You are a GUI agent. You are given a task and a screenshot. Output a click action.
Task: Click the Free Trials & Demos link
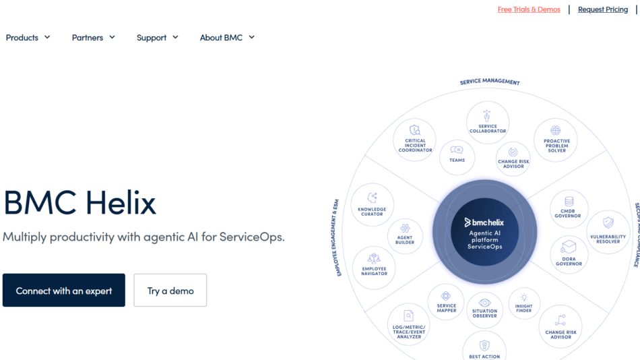pos(529,9)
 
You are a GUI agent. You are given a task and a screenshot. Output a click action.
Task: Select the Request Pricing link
pos(603,9)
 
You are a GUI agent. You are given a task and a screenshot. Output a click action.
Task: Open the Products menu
pos(28,38)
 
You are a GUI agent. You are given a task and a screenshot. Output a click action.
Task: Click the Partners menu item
pos(94,38)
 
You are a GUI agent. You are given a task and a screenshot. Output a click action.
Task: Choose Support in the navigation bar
pos(158,38)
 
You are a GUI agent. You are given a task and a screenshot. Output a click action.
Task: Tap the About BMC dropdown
pos(227,38)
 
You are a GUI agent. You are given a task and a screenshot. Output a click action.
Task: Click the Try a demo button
pos(170,290)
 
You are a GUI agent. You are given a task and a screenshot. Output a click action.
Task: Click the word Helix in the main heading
pos(121,202)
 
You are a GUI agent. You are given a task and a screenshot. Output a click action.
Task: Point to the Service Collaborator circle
pos(488,122)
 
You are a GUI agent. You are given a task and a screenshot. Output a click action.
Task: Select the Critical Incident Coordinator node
pos(415,140)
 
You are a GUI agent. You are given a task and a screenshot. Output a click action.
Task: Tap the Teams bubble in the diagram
pos(457,157)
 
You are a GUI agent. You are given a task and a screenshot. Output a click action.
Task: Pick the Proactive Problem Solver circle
pos(556,140)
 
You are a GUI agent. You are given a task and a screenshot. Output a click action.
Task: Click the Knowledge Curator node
pos(373,205)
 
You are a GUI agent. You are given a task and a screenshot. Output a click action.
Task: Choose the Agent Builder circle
pos(405,236)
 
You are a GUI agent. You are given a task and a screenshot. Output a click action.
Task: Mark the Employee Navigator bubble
pos(374,268)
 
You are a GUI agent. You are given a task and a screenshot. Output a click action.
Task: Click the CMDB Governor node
pos(569,209)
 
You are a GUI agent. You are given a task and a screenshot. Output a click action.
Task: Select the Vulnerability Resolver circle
pos(608,232)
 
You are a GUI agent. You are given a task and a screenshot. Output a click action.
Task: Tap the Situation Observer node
pos(484,310)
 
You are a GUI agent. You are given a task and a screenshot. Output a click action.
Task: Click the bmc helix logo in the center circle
pos(484,222)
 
